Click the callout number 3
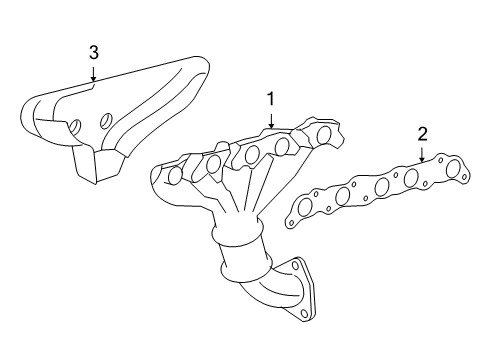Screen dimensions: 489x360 pyautogui.click(x=94, y=53)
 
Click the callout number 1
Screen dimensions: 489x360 pyautogui.click(x=271, y=99)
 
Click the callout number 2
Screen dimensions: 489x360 pyautogui.click(x=422, y=134)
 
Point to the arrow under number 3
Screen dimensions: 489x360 pyautogui.click(x=94, y=74)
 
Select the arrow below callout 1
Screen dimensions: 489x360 pyautogui.click(x=272, y=121)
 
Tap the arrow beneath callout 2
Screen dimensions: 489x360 pyautogui.click(x=422, y=155)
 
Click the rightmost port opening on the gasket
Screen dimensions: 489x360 pyautogui.click(x=453, y=168)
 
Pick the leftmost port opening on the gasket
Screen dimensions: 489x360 pyautogui.click(x=304, y=207)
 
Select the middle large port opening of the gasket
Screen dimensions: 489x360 pyautogui.click(x=382, y=187)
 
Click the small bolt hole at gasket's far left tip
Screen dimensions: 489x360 pyautogui.click(x=291, y=223)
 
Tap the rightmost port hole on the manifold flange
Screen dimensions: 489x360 pyautogui.click(x=323, y=135)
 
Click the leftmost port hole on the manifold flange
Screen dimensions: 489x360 pyautogui.click(x=175, y=175)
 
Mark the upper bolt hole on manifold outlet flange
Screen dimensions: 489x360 pyautogui.click(x=295, y=265)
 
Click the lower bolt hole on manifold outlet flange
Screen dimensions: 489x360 pyautogui.click(x=304, y=314)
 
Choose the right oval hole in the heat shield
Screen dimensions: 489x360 pyautogui.click(x=106, y=120)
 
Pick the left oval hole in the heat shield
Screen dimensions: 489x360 pyautogui.click(x=75, y=127)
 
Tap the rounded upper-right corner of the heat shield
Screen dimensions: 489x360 pyautogui.click(x=203, y=63)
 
